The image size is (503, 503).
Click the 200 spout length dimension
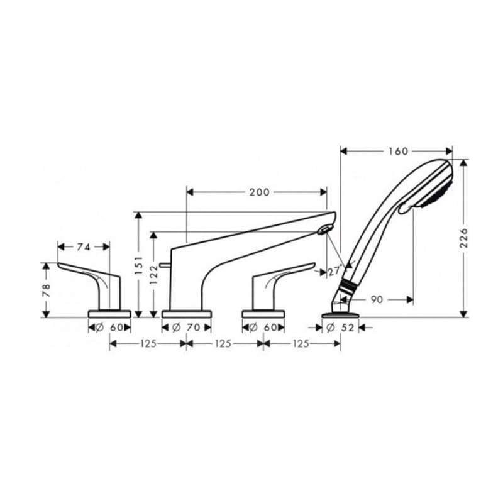coord(260,192)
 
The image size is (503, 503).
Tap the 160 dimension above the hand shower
coord(398,151)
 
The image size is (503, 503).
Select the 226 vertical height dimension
coord(464,238)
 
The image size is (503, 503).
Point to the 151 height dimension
coord(138,265)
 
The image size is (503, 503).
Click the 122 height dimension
coord(154,275)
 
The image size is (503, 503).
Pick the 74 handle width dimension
coord(84,246)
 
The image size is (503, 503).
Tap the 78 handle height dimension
coord(47,290)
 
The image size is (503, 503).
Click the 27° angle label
coord(334,272)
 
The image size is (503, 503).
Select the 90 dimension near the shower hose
coord(377,300)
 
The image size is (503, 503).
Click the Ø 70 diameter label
coord(186,328)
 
